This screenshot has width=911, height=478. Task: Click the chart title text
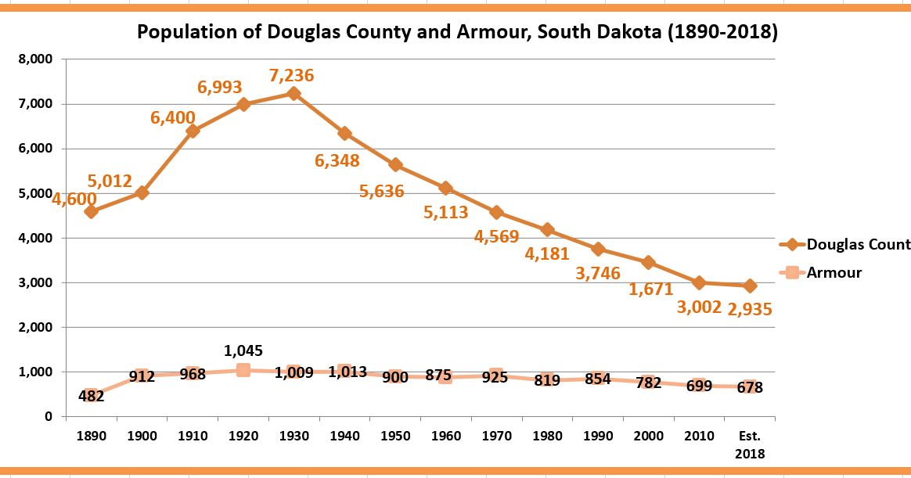(x=457, y=33)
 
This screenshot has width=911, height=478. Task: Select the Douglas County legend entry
(x=858, y=244)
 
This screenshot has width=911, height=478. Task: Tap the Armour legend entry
(x=834, y=273)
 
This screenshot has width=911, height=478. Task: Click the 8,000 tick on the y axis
(x=36, y=59)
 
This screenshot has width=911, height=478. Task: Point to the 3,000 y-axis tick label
(x=36, y=282)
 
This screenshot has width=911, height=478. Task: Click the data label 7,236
(x=291, y=76)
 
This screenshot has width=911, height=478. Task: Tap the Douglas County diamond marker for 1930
(x=293, y=93)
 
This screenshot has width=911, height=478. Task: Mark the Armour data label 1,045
(x=243, y=350)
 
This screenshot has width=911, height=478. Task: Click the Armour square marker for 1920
(x=243, y=369)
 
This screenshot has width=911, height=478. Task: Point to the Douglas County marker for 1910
(x=193, y=131)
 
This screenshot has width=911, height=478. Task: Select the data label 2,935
(x=750, y=310)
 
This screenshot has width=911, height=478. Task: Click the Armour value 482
(x=92, y=396)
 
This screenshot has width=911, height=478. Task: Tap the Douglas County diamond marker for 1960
(x=445, y=188)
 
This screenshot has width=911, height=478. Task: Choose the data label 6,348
(x=337, y=161)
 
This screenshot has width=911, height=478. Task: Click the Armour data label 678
(x=750, y=387)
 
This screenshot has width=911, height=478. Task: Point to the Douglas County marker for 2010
(x=699, y=282)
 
